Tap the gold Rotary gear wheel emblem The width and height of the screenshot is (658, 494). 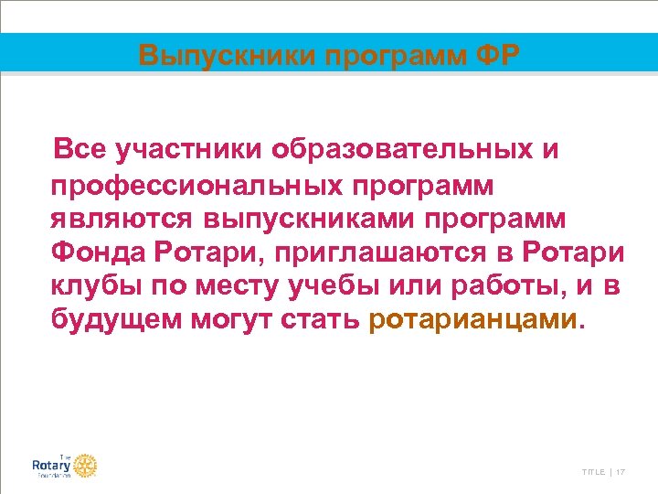point(85,466)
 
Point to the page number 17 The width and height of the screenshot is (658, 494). point(621,471)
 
